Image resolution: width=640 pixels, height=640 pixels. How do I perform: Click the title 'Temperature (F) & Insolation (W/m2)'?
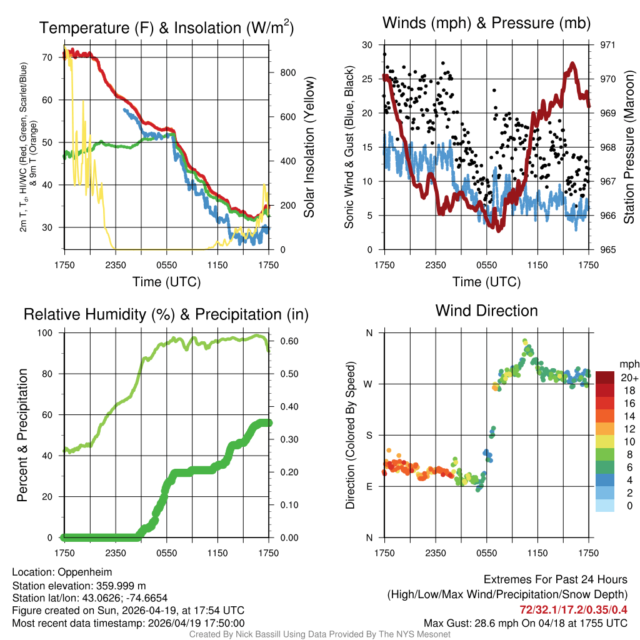[x=166, y=27]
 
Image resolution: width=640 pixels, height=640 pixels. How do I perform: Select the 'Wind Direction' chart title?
[x=486, y=310]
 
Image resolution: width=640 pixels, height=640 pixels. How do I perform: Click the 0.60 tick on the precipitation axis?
[x=286, y=341]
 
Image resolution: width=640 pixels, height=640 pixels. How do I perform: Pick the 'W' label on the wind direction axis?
[x=369, y=384]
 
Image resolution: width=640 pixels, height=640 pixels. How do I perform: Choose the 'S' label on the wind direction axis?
[x=369, y=435]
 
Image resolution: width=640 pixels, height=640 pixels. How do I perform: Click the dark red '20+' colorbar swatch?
[x=605, y=377]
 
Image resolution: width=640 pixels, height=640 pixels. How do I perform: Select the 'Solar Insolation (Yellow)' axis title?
[x=309, y=147]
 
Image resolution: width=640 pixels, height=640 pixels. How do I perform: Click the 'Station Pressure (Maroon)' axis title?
[x=629, y=147]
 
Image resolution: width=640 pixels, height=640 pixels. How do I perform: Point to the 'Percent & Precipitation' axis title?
[x=22, y=435]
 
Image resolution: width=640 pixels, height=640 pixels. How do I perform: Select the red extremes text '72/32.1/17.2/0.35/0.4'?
[x=573, y=609]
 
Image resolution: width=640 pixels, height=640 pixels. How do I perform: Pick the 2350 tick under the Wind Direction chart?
[x=436, y=552]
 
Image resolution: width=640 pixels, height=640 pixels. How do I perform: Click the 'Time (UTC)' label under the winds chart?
[x=486, y=282]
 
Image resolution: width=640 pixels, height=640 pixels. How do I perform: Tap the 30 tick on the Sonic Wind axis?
[x=367, y=45]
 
